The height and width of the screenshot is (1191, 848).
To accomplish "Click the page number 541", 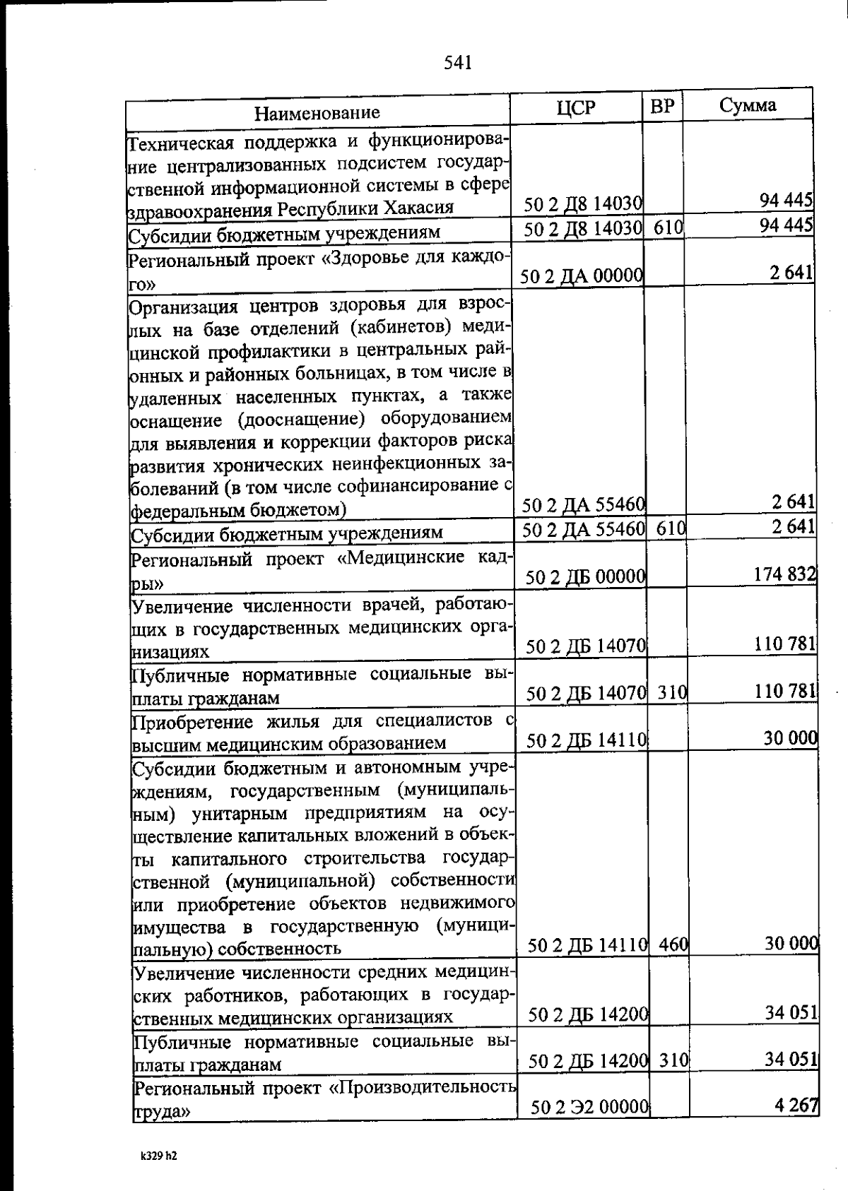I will click(457, 64).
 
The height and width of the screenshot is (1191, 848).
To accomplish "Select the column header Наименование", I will click(317, 113).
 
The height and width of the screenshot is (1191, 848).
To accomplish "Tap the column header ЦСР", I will click(575, 107).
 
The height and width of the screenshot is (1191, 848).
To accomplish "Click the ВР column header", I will click(662, 107).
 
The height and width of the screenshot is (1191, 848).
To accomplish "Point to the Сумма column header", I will click(747, 105).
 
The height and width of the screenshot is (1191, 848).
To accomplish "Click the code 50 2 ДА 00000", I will click(581, 276).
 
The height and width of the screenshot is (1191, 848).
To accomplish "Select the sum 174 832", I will click(785, 574).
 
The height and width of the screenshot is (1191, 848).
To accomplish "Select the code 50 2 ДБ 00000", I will click(585, 578).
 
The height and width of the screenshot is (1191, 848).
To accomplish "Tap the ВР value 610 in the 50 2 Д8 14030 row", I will click(663, 228).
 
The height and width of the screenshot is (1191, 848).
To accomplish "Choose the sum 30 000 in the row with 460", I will click(791, 943).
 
